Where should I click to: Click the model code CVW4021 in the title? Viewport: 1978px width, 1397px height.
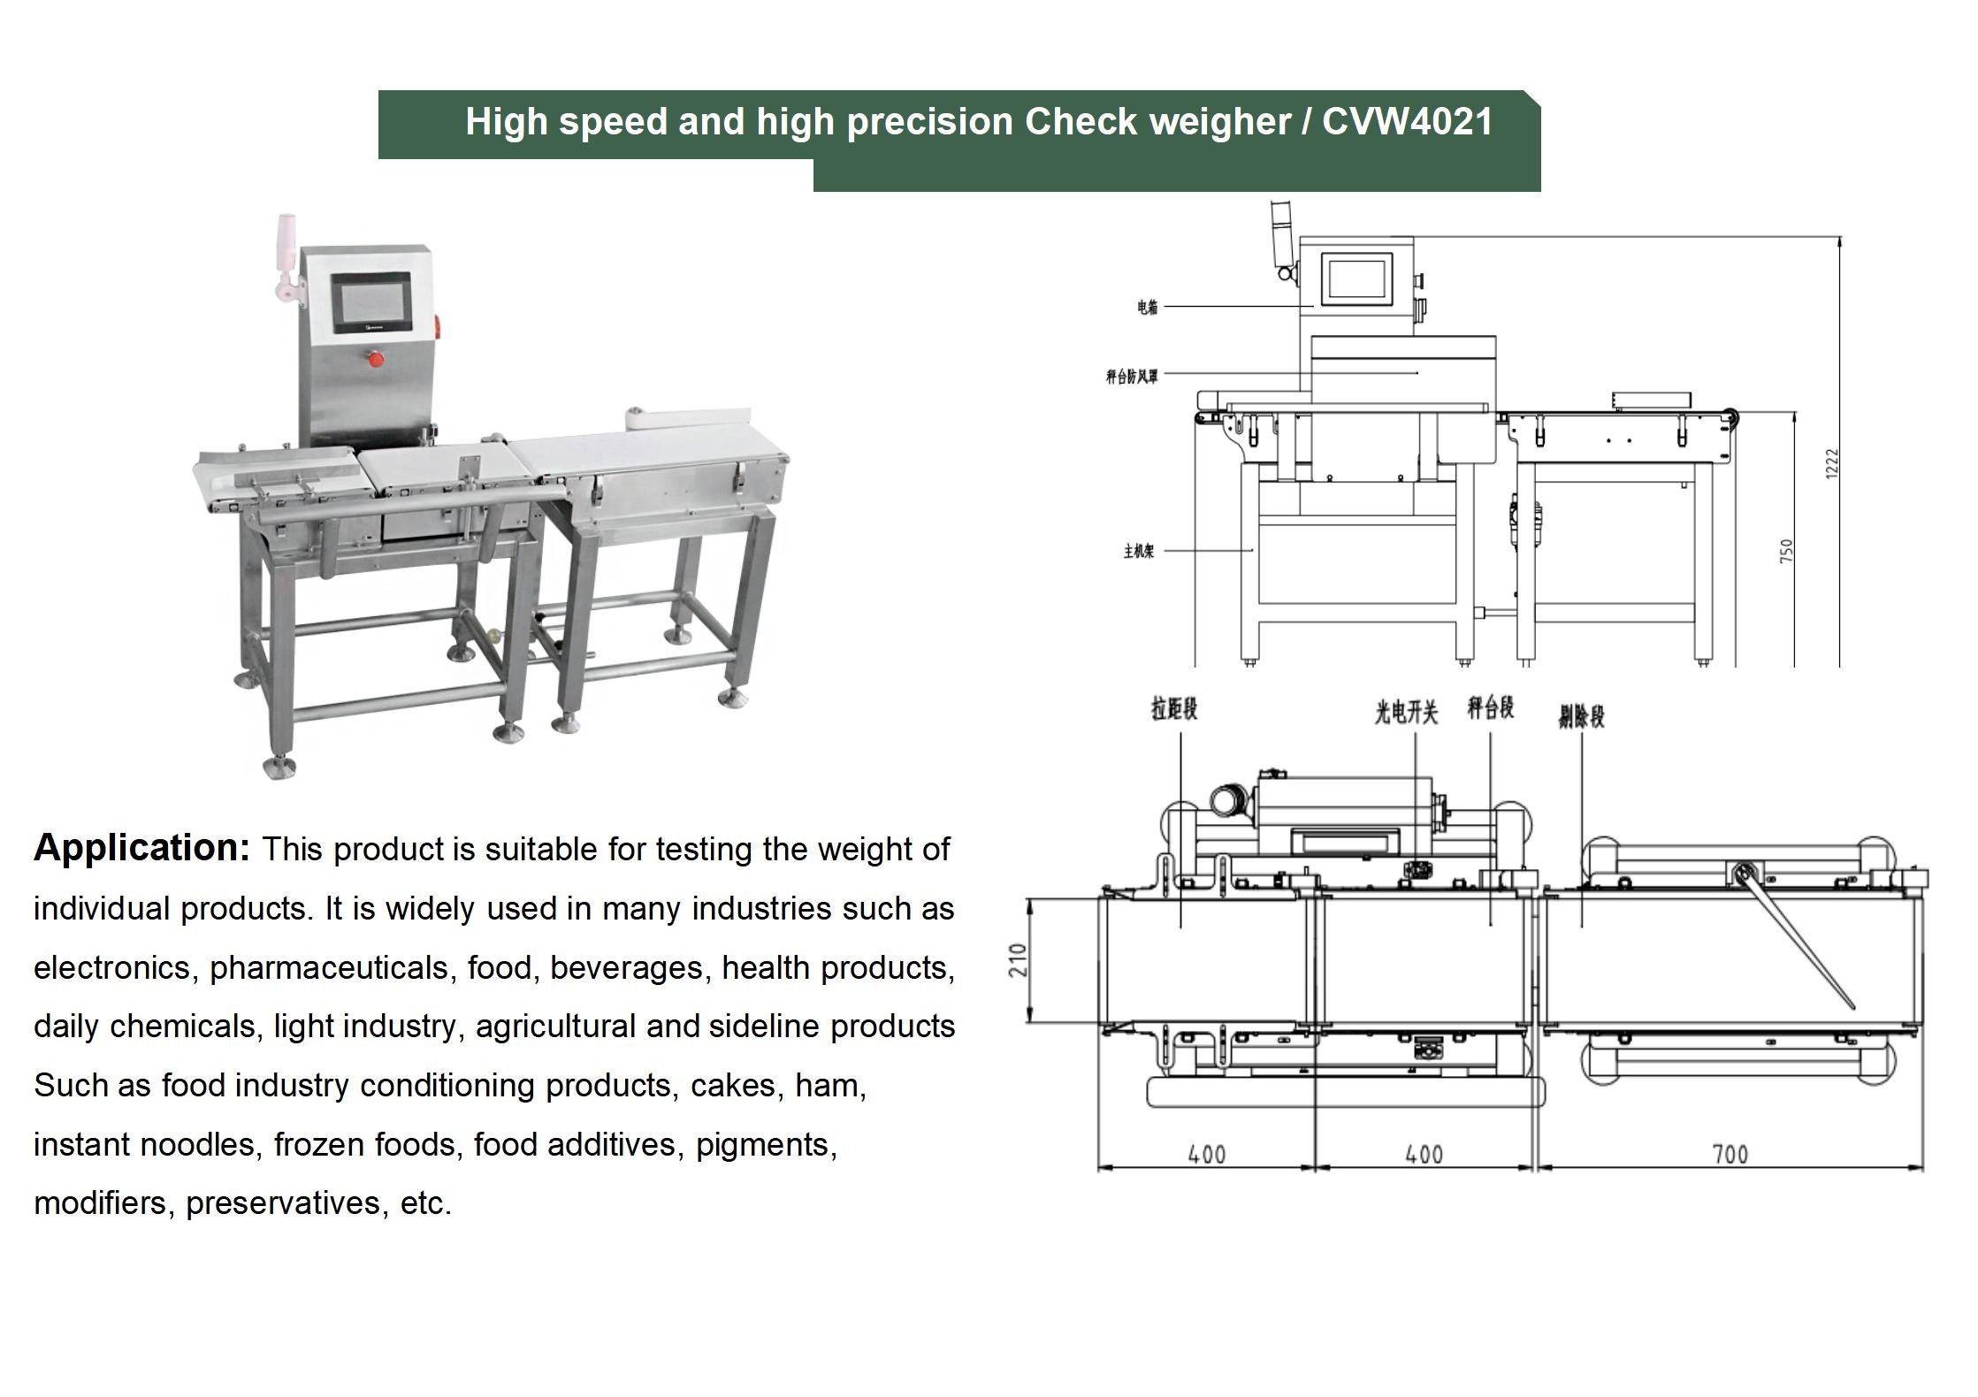point(1407,122)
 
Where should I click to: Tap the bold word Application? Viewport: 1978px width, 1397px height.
point(142,847)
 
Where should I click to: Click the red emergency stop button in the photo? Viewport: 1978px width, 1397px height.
point(375,359)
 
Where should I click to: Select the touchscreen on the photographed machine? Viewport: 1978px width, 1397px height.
point(371,302)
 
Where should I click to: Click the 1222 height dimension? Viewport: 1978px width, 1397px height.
point(1831,464)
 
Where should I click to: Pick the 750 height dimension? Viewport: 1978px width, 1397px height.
point(1786,551)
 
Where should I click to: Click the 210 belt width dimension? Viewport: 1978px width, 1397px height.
point(1018,960)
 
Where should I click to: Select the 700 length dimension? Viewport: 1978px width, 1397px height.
point(1730,1154)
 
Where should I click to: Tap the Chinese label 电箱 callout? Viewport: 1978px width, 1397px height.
point(1147,307)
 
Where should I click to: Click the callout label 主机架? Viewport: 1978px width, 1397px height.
point(1138,551)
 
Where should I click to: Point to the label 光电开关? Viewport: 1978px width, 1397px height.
point(1405,712)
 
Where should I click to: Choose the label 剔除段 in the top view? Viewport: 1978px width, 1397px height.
point(1581,715)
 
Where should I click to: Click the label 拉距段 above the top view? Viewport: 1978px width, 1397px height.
point(1173,708)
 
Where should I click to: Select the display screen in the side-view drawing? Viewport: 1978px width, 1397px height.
point(1356,275)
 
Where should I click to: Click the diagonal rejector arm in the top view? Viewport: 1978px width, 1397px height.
point(1795,938)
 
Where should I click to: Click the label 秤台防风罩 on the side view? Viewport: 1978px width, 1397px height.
point(1131,377)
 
